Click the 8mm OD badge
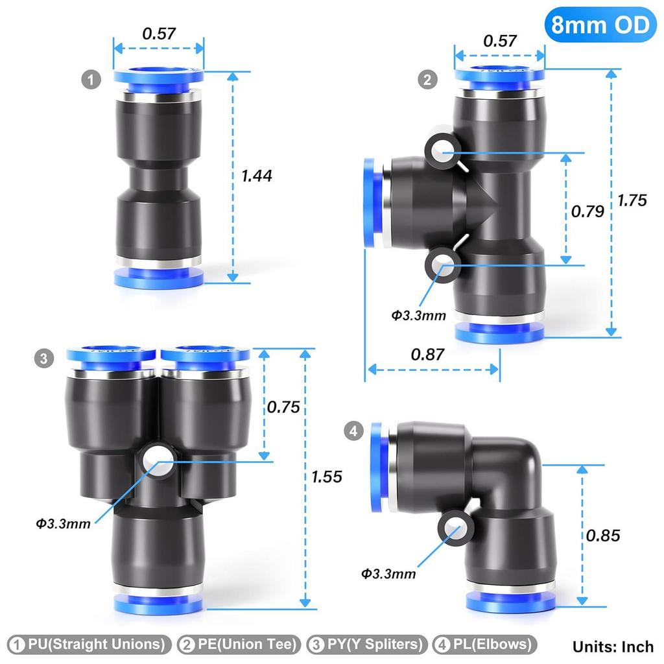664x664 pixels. [x=599, y=25]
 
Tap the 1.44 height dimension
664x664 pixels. [x=257, y=175]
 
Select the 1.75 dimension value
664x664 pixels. [x=632, y=200]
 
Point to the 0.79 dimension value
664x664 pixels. [x=587, y=211]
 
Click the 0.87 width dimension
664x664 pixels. [x=428, y=354]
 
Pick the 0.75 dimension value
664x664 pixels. [x=284, y=407]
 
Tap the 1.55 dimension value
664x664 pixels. [x=326, y=477]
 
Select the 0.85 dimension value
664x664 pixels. [x=603, y=535]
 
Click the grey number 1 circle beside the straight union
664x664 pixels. [x=91, y=80]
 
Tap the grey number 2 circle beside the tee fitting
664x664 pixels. [x=427, y=80]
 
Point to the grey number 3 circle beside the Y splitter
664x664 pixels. [x=43, y=358]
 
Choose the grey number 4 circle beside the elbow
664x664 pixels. [x=353, y=431]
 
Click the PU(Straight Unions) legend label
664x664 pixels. [x=88, y=645]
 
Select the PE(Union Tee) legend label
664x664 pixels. [x=239, y=645]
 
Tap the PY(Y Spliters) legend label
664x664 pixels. [x=368, y=645]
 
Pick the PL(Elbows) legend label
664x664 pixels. [x=486, y=645]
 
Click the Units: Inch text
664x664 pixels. [x=613, y=646]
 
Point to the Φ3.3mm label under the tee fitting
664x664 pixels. [x=419, y=316]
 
